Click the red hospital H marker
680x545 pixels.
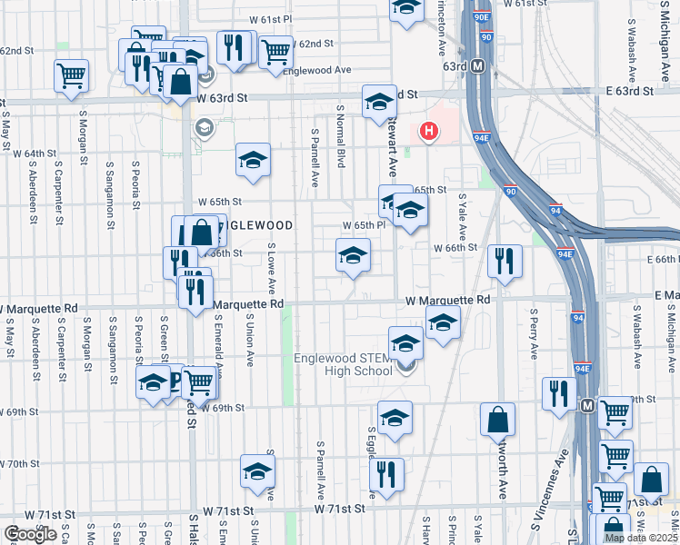click(428, 133)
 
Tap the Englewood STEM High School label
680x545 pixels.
click(347, 364)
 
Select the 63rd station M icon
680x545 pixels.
click(479, 66)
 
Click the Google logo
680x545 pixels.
click(30, 535)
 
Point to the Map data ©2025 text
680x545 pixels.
click(641, 538)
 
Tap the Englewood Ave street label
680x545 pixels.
click(316, 70)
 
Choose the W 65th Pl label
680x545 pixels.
click(365, 225)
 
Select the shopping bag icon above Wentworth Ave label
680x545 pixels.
click(497, 420)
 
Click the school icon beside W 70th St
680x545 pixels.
click(257, 471)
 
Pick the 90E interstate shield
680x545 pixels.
click(486, 15)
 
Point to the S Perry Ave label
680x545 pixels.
click(530, 337)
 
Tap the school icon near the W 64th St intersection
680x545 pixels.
click(253, 160)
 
